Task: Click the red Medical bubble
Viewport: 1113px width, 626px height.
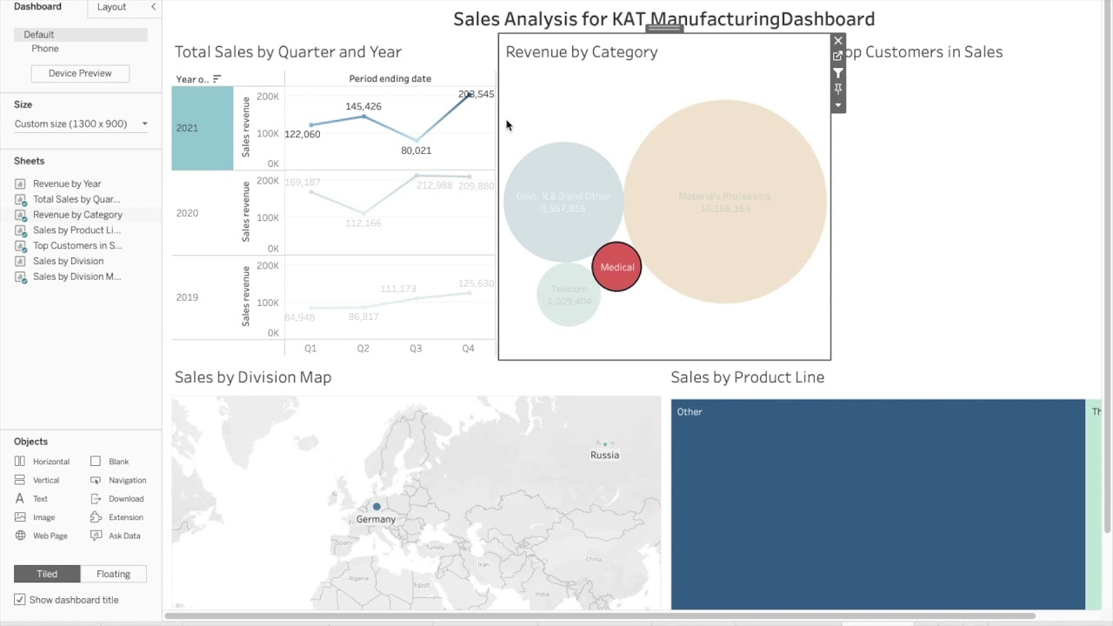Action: point(616,267)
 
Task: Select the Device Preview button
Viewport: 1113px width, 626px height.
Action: point(80,73)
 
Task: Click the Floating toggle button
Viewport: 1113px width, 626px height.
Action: point(113,574)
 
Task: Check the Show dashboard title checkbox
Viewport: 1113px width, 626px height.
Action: point(20,600)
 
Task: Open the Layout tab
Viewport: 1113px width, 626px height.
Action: point(111,7)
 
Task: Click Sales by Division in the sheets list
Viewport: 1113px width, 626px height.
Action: point(68,261)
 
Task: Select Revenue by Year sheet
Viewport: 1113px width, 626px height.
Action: point(67,183)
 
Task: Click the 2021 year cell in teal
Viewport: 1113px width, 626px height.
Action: point(202,128)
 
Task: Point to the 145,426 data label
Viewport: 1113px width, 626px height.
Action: point(363,106)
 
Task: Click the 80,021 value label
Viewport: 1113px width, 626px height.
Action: point(416,150)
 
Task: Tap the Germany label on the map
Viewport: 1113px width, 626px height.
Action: point(376,519)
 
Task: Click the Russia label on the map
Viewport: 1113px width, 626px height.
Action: point(604,455)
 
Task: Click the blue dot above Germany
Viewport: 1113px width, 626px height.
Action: point(377,506)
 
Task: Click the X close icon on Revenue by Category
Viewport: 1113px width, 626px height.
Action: point(838,41)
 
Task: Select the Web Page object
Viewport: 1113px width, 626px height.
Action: point(50,536)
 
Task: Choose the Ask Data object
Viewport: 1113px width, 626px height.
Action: point(124,536)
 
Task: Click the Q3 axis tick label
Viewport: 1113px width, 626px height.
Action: point(416,349)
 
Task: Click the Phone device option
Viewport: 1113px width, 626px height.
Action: point(45,49)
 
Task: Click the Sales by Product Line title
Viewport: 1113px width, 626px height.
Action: point(747,377)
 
